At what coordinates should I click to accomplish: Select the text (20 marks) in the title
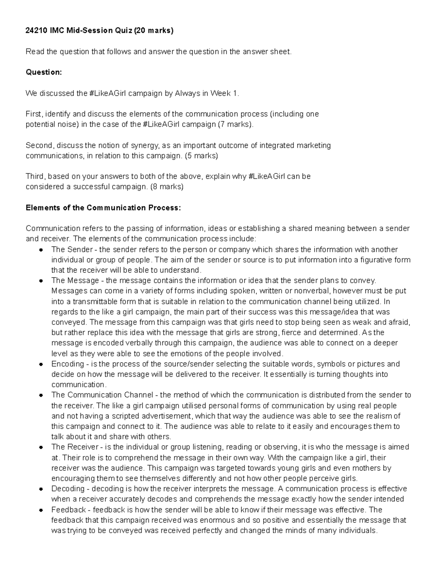154,31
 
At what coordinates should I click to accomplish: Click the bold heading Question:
44,72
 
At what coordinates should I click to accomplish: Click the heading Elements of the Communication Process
103,208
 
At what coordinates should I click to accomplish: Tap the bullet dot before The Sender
41,250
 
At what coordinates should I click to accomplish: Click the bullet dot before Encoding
41,364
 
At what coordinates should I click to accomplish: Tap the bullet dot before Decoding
41,489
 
